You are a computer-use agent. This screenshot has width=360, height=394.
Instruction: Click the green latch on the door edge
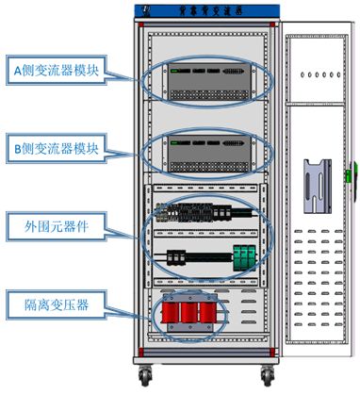point(349,173)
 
